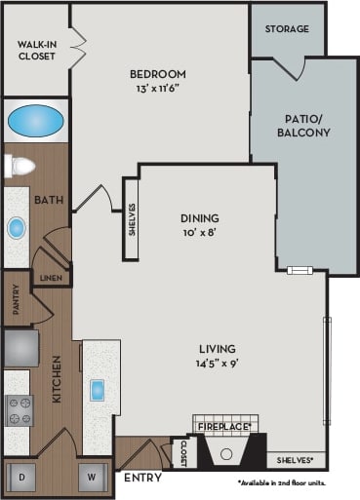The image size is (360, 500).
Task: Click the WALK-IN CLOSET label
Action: point(36,50)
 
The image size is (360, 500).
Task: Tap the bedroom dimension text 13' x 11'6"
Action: point(159,89)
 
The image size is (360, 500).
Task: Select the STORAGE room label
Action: point(287,29)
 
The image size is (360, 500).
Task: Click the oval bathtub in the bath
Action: point(36,122)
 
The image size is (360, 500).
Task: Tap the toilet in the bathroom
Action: point(17,167)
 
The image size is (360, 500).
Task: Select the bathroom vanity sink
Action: point(17,228)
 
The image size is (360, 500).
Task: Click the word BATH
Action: point(49,200)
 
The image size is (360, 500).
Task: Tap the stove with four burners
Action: point(19,410)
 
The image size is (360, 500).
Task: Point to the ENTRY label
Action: point(142,478)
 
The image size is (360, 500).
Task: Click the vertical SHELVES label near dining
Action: point(131,220)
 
